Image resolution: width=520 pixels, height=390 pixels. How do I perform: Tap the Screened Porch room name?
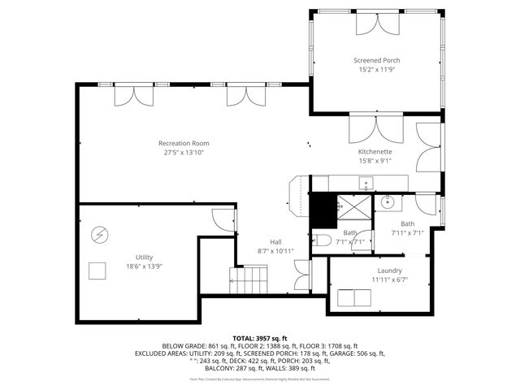(x=376, y=60)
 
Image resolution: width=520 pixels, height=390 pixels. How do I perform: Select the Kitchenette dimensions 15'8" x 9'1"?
(x=375, y=161)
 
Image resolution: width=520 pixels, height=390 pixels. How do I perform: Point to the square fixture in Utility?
(x=98, y=271)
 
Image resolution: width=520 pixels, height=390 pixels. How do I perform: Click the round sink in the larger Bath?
(x=387, y=202)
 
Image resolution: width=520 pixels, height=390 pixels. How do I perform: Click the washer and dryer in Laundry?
(x=355, y=298)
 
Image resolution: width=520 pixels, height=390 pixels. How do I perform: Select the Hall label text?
(x=275, y=241)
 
